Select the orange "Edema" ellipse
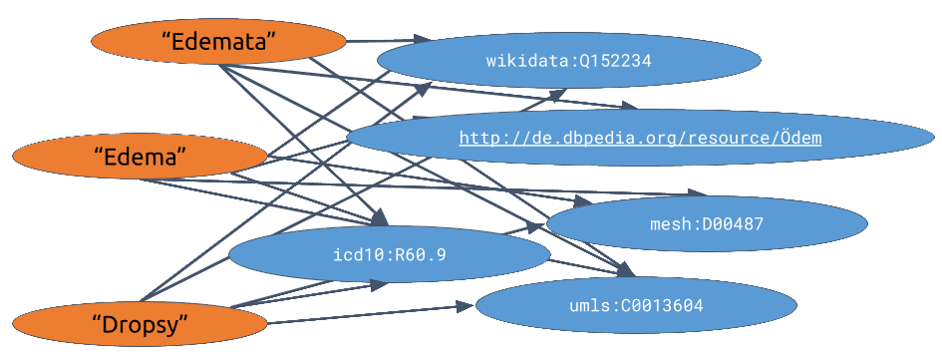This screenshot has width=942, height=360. click(140, 157)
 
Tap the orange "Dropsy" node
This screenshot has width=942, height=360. click(140, 323)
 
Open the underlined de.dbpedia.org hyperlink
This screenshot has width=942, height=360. click(640, 138)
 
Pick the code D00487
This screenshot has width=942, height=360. click(733, 224)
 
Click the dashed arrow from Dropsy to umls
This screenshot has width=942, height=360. click(369, 314)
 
